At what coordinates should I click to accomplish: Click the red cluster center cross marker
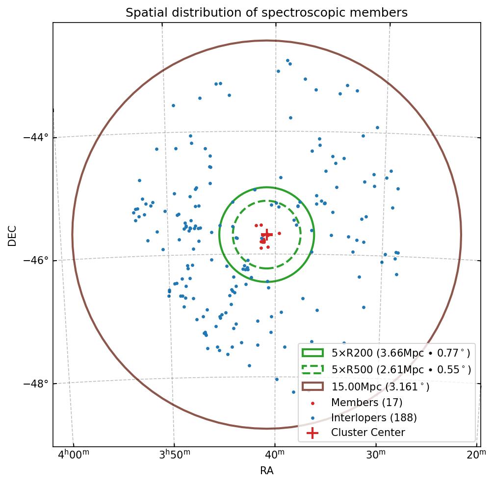point(266,235)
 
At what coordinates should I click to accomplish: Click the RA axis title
point(266,471)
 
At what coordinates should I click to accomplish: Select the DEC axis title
point(12,235)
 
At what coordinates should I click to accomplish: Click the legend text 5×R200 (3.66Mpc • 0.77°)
point(401,353)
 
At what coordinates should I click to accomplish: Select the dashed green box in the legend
point(312,369)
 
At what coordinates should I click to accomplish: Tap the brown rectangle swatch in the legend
point(312,386)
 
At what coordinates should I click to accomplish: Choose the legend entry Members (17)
point(366,403)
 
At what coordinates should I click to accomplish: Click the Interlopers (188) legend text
point(374,418)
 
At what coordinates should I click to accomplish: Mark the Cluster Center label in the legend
point(368,433)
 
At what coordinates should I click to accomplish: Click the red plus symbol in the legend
point(312,433)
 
